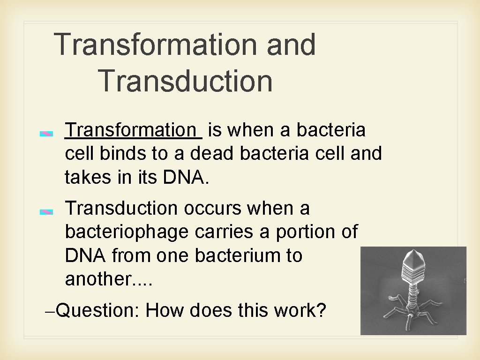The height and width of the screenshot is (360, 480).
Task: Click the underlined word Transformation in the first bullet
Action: (131, 130)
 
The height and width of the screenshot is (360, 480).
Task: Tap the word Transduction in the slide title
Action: (186, 81)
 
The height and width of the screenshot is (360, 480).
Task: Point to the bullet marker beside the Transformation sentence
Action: (46, 134)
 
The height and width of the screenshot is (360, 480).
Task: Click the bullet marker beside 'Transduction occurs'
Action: (46, 212)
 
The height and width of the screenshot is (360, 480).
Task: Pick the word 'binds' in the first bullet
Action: (113, 153)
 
